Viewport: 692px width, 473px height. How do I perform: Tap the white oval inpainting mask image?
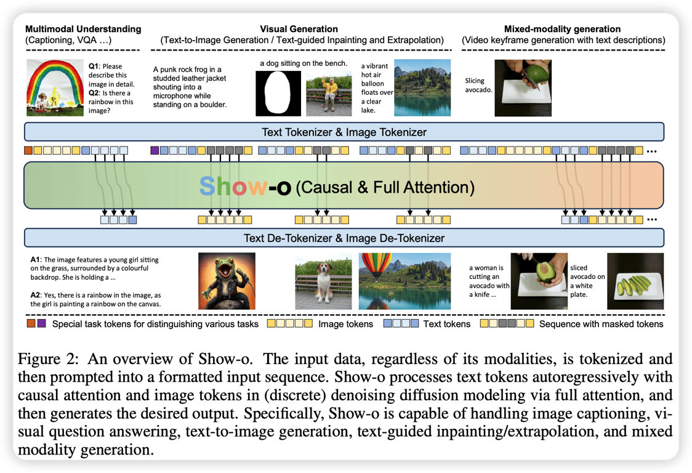click(278, 94)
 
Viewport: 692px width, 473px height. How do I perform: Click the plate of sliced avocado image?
click(635, 281)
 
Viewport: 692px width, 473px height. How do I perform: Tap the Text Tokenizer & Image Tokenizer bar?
click(344, 132)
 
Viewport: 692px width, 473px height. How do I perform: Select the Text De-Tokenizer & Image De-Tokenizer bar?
click(344, 238)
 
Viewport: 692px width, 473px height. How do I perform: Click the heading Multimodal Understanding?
click(83, 29)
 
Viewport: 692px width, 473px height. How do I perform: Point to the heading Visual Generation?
click(299, 29)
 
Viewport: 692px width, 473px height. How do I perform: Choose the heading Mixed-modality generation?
click(562, 29)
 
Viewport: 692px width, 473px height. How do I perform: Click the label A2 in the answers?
click(36, 294)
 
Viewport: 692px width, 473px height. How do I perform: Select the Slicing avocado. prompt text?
click(480, 86)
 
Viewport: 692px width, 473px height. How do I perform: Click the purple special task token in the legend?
click(41, 323)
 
